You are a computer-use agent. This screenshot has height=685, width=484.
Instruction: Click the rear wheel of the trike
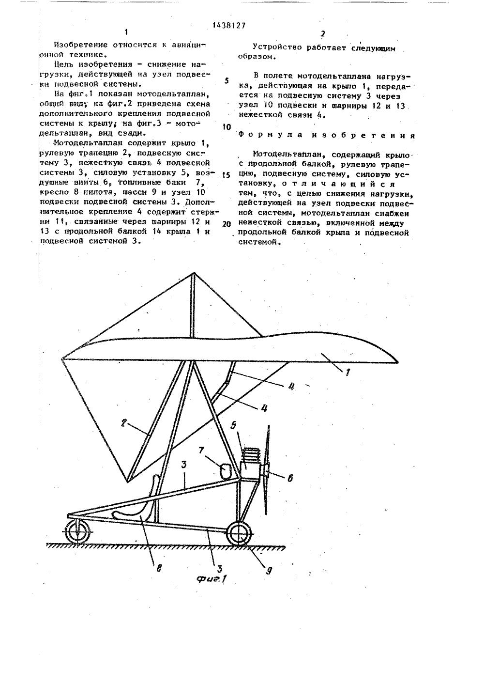pos(238,534)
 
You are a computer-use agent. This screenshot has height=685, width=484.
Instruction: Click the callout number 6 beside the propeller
pos(289,477)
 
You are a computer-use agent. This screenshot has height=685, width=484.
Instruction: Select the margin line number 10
pos(226,127)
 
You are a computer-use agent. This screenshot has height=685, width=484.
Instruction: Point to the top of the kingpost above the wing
pos(194,274)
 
